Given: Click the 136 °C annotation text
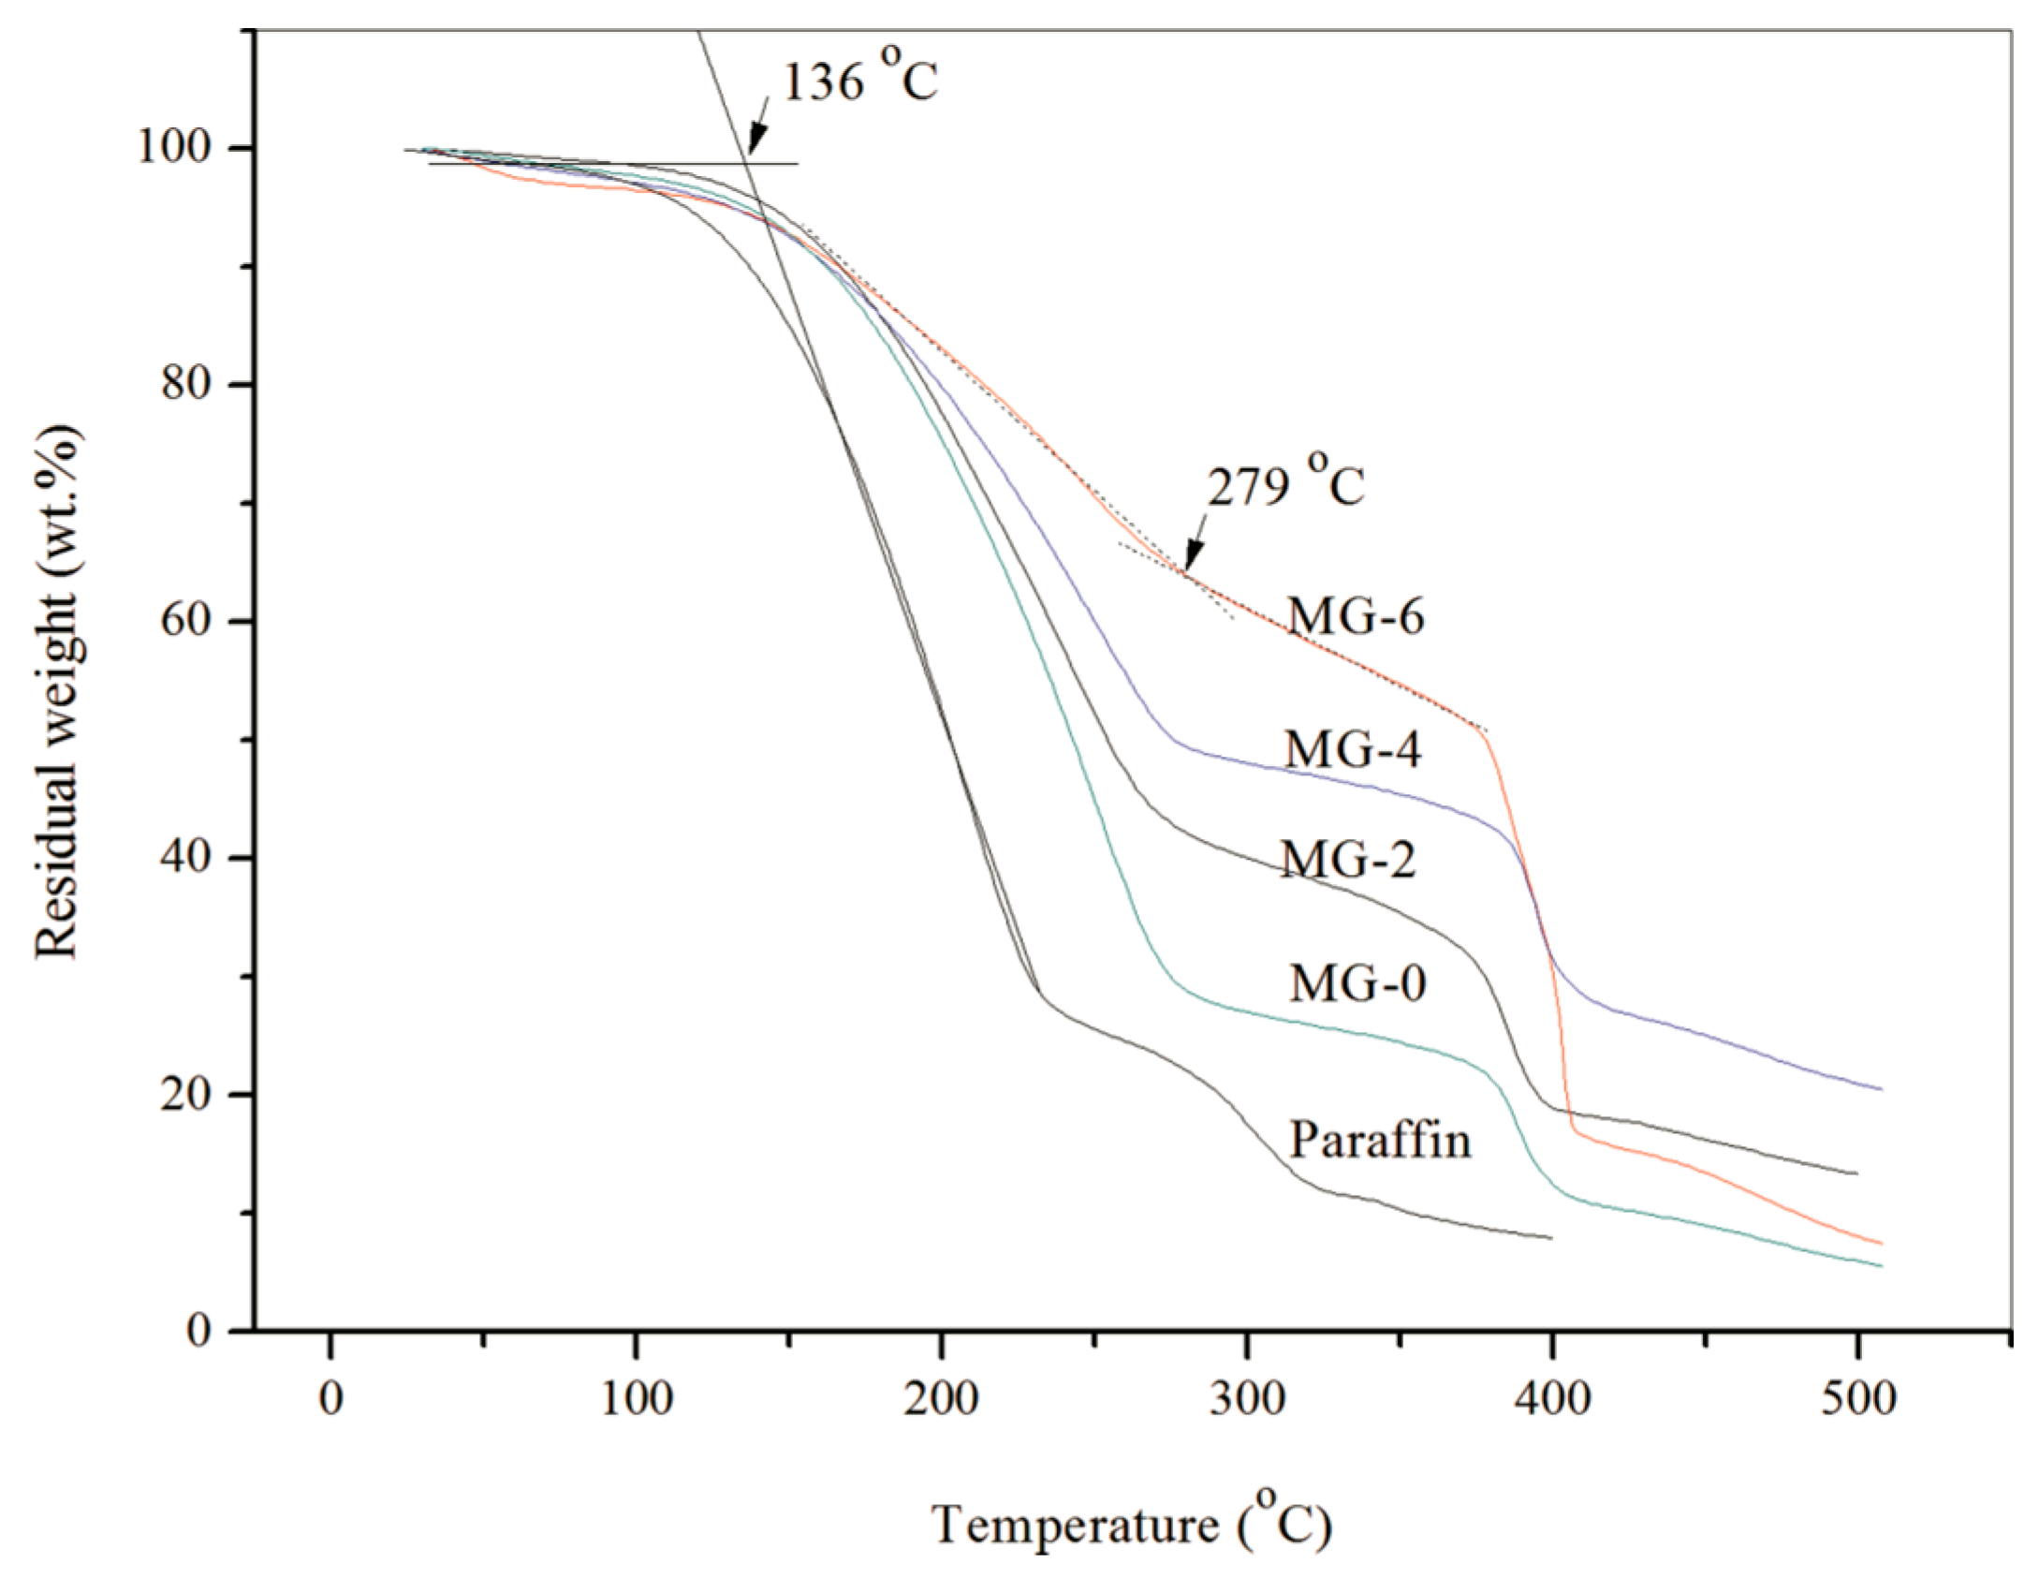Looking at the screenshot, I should click(x=858, y=82).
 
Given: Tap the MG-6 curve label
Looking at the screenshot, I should click(x=1355, y=616).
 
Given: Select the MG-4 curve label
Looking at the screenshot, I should click(x=1352, y=748).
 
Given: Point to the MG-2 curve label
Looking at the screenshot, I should click(x=1348, y=858).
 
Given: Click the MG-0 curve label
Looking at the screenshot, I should click(x=1357, y=982).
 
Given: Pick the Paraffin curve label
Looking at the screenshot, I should click(x=1380, y=1139).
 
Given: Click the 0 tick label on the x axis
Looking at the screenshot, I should click(x=330, y=1398).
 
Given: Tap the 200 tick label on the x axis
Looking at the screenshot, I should click(x=941, y=1398).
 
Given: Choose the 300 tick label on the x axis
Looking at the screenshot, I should click(x=1247, y=1398).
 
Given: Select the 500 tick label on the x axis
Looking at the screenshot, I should click(x=1857, y=1398).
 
